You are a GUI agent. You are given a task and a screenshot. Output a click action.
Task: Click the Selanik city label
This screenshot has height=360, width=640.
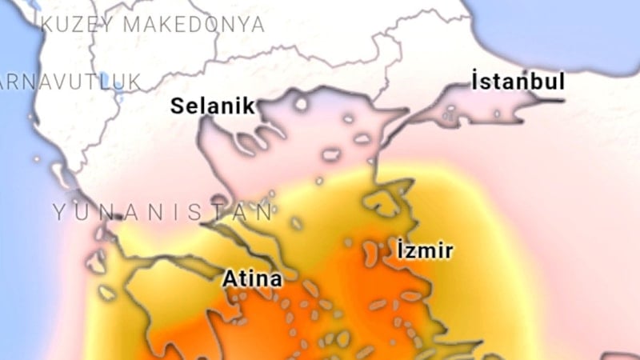click(212, 106)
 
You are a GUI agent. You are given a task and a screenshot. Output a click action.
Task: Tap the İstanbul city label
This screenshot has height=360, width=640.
click(518, 82)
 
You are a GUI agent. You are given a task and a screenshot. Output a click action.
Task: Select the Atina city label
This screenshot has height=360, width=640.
click(252, 280)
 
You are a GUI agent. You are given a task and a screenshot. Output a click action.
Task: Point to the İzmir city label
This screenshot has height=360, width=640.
click(425, 250)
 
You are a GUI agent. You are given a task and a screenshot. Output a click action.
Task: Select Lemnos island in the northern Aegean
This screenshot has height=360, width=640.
click(331, 154)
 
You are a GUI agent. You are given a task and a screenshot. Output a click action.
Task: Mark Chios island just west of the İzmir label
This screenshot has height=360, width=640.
click(371, 254)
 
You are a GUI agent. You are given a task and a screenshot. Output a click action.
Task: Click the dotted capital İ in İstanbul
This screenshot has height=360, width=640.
click(475, 82)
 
